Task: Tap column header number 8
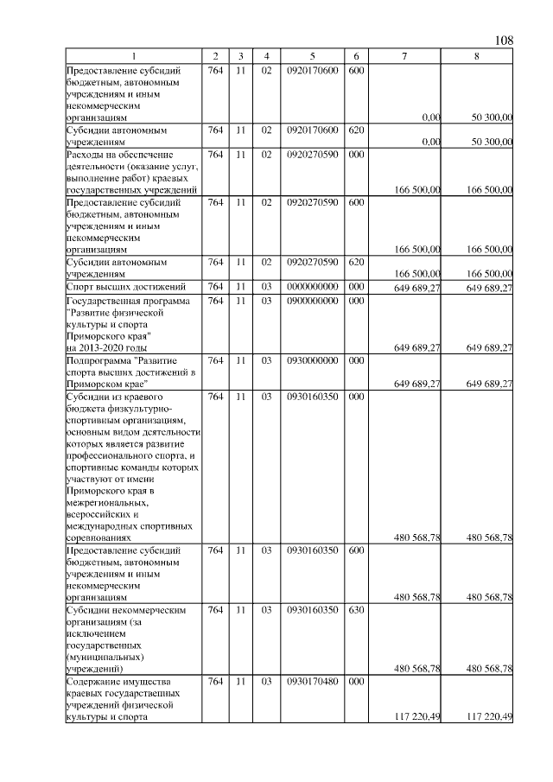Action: [477, 56]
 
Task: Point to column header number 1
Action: [134, 56]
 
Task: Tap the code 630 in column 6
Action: [355, 610]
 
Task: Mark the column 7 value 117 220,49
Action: [417, 716]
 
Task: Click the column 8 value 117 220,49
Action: [489, 716]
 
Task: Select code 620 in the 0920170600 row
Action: [355, 130]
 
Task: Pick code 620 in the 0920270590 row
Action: [355, 260]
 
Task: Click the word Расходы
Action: [86, 154]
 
